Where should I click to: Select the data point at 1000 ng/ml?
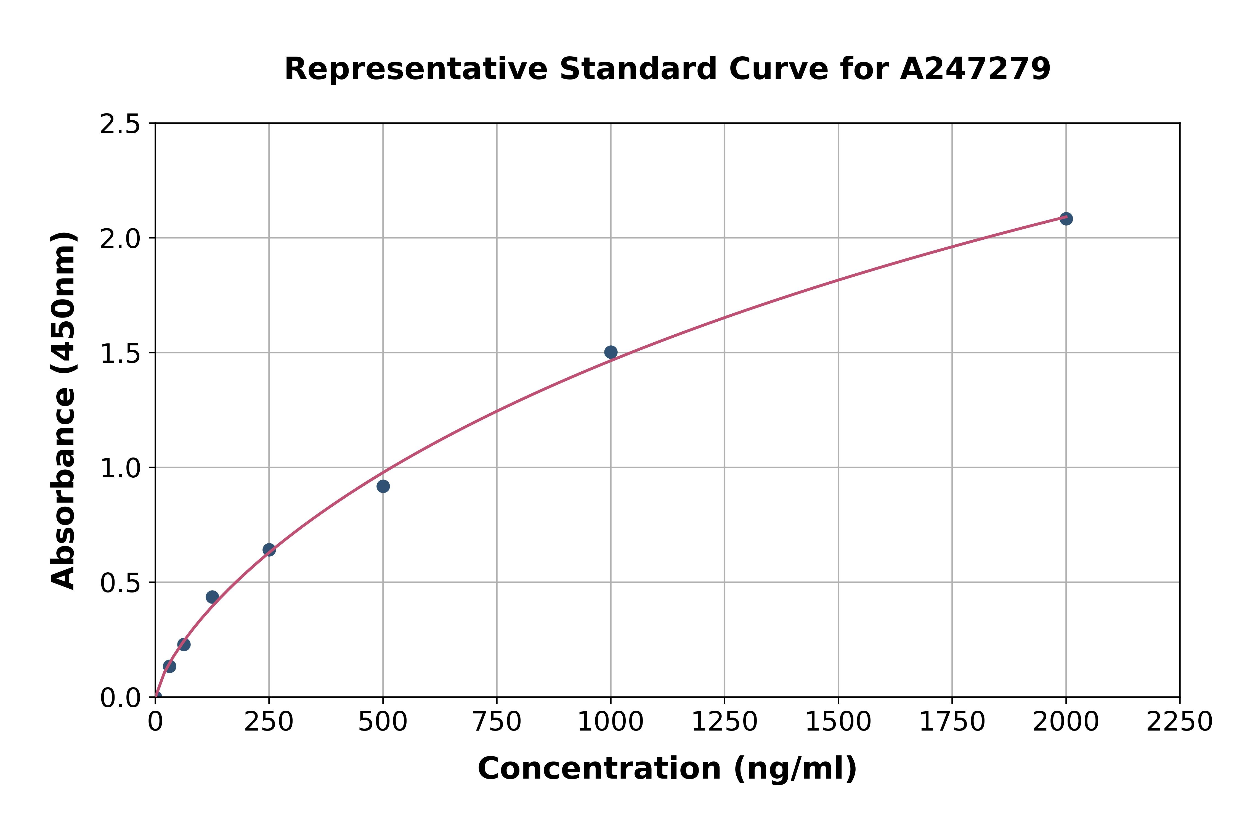pos(611,352)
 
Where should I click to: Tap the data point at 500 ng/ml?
pos(383,486)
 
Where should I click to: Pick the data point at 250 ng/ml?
pos(269,550)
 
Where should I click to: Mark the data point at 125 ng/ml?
pos(212,597)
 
